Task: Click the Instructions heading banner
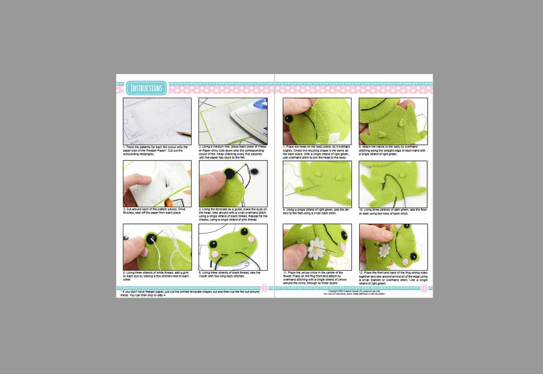tap(147, 88)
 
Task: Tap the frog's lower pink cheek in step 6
tap(214, 254)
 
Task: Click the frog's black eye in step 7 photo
tap(289, 118)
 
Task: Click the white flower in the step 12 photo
tap(384, 250)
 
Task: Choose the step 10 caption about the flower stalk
tap(392, 212)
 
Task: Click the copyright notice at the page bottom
tap(354, 293)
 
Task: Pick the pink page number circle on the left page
tap(264, 288)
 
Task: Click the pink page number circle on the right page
tap(424, 288)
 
